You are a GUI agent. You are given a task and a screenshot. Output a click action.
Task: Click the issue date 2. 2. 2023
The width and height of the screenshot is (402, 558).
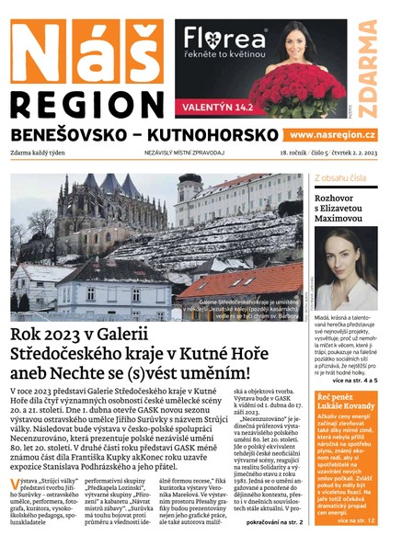[x=362, y=154]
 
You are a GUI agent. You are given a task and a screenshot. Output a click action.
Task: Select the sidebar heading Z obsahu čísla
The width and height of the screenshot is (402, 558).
[x=341, y=177]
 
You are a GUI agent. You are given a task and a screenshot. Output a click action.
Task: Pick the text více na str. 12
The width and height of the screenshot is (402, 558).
[x=357, y=520]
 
